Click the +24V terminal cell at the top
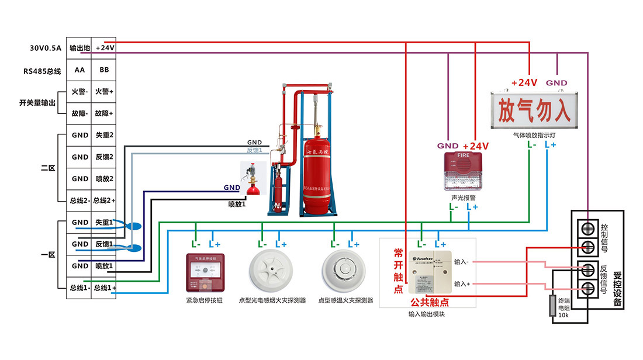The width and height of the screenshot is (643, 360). click(x=105, y=48)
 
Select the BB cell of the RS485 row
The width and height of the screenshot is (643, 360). click(x=105, y=70)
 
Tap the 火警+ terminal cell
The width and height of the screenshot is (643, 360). click(x=105, y=92)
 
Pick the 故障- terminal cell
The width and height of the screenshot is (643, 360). click(x=80, y=113)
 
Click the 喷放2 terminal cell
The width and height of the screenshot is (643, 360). click(x=105, y=179)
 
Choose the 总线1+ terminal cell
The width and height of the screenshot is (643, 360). click(x=105, y=288)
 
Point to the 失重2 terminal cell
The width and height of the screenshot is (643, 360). click(x=105, y=135)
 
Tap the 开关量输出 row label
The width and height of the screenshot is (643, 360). click(x=37, y=103)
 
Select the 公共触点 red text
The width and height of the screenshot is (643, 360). click(x=429, y=302)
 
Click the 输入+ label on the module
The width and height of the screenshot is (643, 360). click(x=462, y=283)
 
